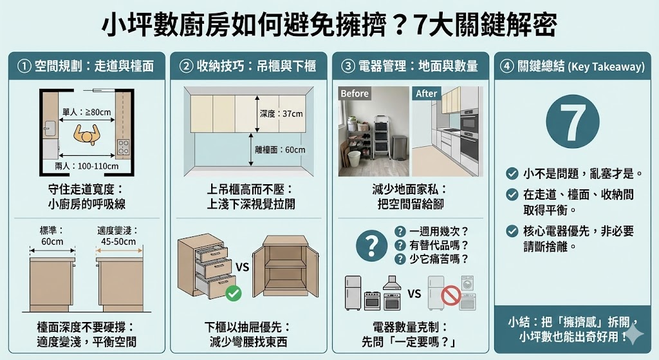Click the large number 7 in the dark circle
572,123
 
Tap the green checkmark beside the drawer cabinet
234,294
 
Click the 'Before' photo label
355,93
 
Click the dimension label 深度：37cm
281,114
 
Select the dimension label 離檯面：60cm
281,150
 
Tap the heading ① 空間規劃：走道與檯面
86,66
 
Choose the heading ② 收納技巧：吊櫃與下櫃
248,66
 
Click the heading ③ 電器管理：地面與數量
410,66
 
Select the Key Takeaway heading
572,66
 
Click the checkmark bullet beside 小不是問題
512,173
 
